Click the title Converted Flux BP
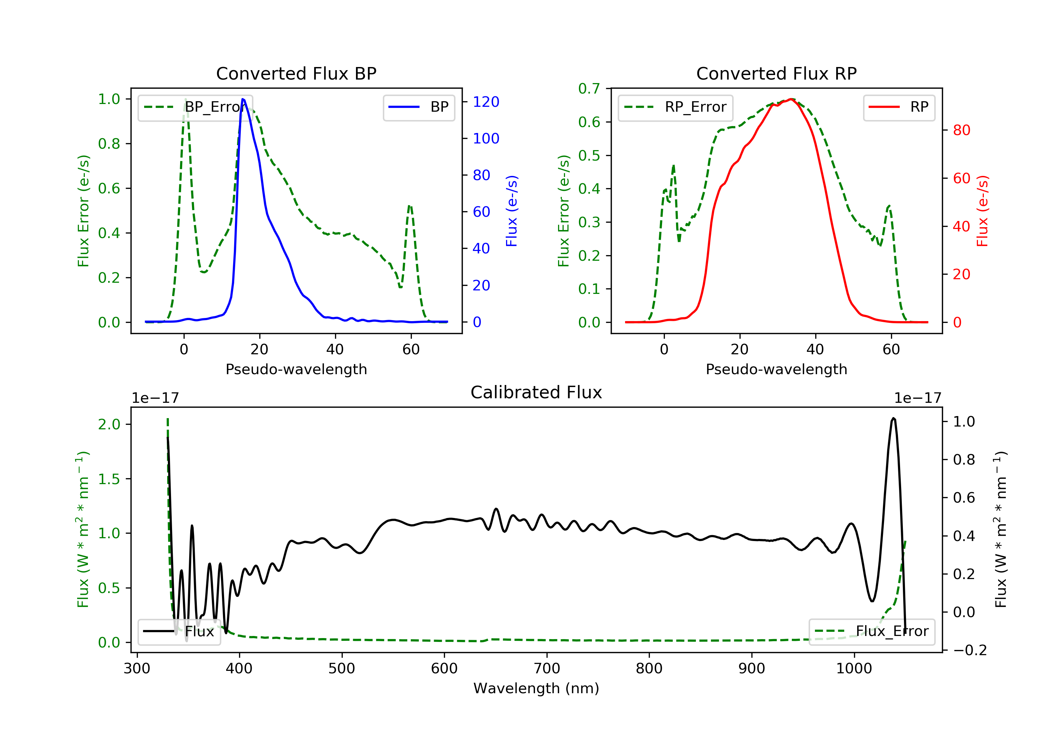[296, 73]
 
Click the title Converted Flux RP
[776, 73]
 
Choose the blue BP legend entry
[418, 107]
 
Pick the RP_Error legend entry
[675, 107]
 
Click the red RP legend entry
[899, 107]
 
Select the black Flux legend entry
[179, 631]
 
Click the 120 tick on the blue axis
[486, 102]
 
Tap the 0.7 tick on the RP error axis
[589, 89]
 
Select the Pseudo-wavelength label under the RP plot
[776, 369]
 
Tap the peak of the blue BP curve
[243, 99]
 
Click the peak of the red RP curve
[791, 99]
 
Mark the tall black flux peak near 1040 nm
[893, 418]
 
